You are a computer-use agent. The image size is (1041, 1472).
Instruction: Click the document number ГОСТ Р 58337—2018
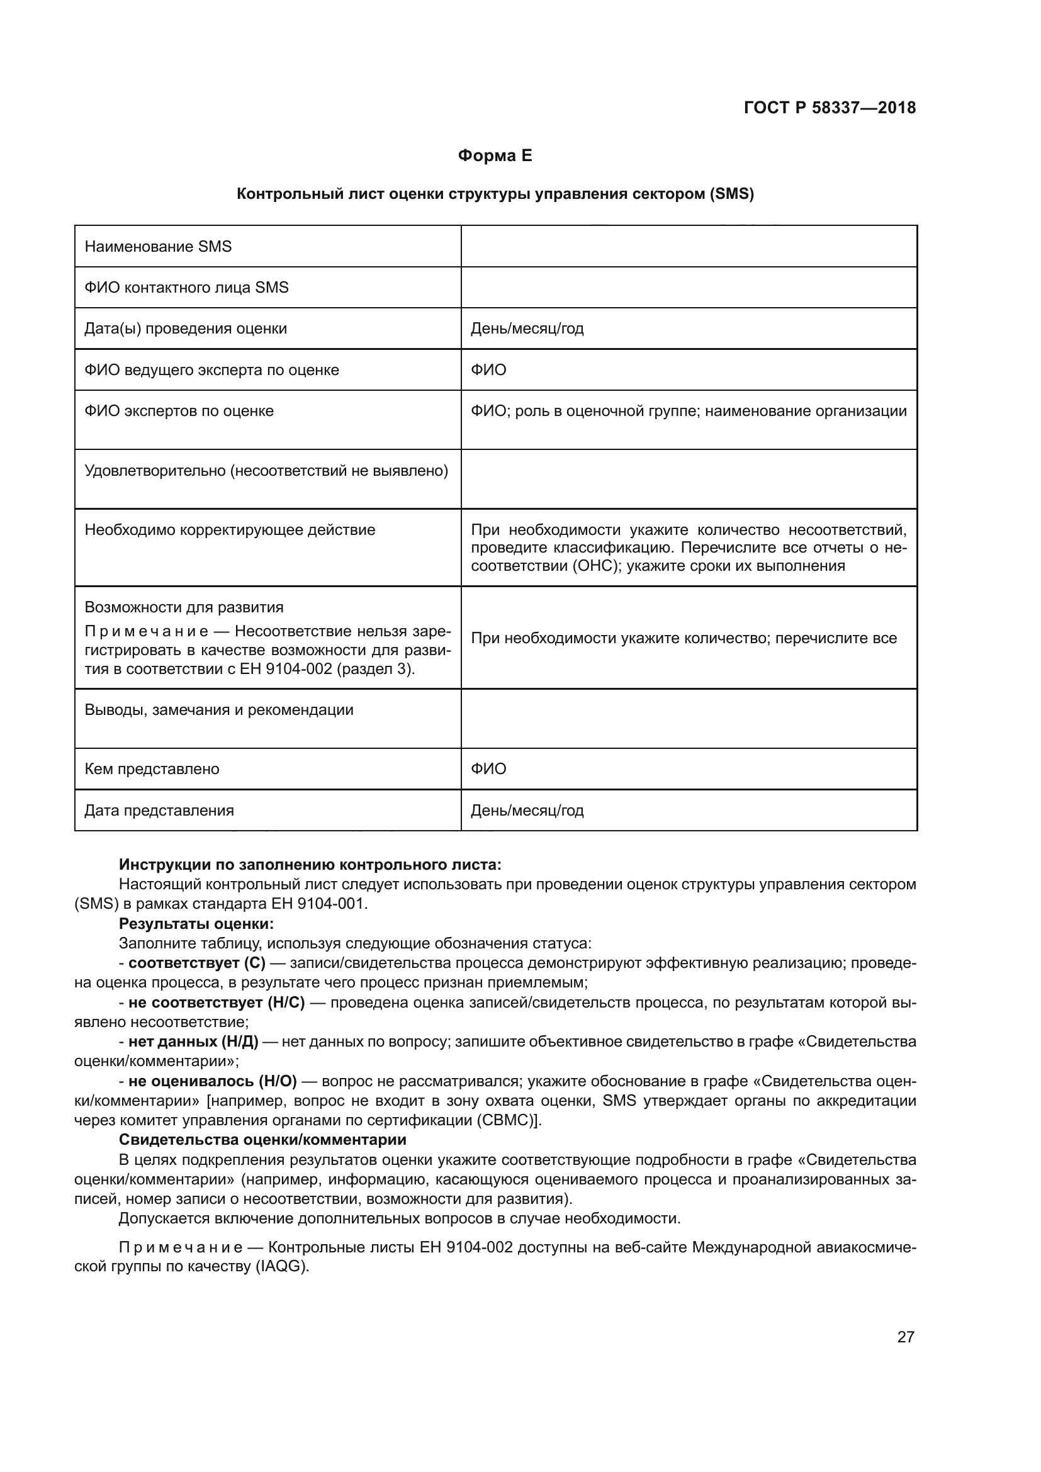coord(830,108)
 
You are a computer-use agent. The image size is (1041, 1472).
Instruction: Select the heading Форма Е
coord(495,156)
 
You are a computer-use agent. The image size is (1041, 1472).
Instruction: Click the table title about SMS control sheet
coord(495,194)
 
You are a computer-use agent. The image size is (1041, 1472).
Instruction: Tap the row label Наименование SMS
coord(158,247)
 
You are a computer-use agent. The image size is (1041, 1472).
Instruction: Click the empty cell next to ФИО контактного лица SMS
coord(689,287)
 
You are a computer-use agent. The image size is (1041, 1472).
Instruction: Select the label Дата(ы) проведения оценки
coord(185,329)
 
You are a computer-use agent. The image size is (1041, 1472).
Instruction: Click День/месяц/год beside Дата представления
coord(527,811)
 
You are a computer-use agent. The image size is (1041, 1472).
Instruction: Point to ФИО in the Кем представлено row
coord(488,768)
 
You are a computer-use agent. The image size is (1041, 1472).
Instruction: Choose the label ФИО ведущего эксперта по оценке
coord(211,370)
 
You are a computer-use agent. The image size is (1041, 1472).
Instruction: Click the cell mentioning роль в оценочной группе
coord(689,411)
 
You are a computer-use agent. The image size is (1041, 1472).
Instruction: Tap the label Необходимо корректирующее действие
coord(230,530)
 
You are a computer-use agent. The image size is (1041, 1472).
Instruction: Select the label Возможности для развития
coord(184,607)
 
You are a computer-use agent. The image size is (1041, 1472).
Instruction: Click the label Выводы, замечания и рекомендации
coord(218,710)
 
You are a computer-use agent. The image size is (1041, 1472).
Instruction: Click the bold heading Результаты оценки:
coord(196,924)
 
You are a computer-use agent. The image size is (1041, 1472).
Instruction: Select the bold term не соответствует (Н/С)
coord(216,1002)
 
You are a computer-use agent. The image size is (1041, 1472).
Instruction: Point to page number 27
coord(905,1337)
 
